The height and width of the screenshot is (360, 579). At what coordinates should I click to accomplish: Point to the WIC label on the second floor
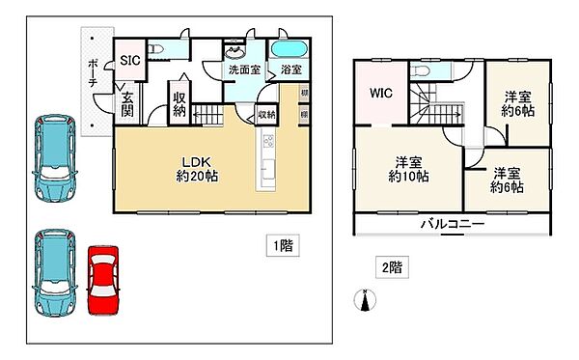379,95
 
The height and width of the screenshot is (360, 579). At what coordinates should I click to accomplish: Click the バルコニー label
452,223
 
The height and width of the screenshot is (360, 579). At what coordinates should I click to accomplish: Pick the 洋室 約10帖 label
409,169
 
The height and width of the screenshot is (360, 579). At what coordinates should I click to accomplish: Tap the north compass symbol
364,301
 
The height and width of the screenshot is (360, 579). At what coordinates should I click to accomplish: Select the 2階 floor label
390,264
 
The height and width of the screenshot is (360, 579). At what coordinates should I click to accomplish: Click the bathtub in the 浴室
288,51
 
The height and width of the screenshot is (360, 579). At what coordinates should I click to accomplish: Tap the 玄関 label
127,103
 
